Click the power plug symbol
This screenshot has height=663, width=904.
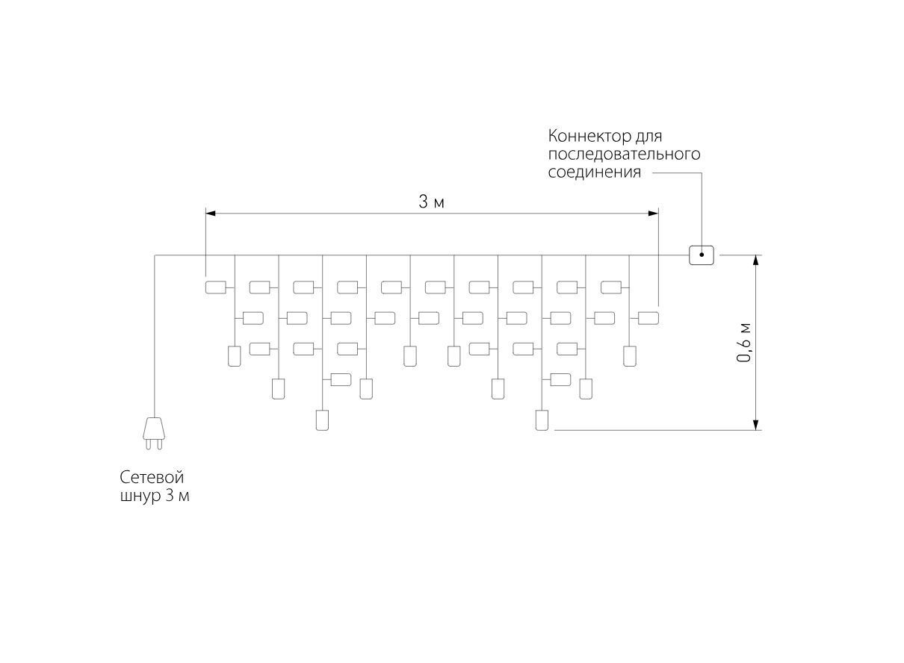tap(154, 433)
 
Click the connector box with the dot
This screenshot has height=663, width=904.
tap(702, 255)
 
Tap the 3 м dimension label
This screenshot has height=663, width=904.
tap(431, 202)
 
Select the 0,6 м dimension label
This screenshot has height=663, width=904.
tap(744, 343)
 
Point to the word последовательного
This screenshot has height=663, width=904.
tap(624, 155)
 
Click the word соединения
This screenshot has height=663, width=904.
tap(595, 172)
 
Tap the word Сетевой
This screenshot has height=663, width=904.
tap(152, 478)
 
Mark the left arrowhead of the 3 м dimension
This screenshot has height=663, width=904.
tap(211, 214)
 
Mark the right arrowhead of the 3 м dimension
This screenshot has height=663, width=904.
tap(654, 214)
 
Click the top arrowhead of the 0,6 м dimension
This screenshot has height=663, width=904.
tap(756, 260)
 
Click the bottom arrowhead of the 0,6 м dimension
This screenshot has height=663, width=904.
tap(756, 425)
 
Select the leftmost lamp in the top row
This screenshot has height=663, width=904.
tap(215, 287)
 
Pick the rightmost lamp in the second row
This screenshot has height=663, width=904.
tap(648, 318)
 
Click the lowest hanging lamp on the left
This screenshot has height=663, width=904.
tap(322, 420)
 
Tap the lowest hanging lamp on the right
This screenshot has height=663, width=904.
tap(542, 420)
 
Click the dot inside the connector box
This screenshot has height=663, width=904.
tap(702, 255)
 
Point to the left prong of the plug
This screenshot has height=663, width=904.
tap(149, 444)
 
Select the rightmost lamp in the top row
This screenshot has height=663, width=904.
tap(611, 287)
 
